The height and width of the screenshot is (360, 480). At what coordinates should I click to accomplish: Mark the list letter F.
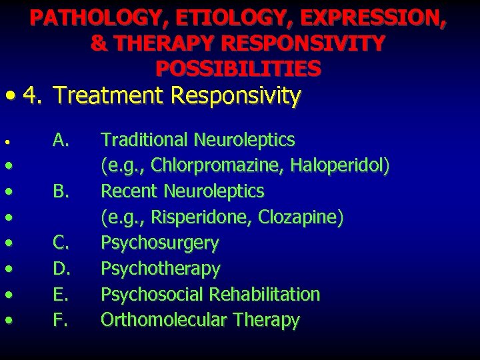[61, 321]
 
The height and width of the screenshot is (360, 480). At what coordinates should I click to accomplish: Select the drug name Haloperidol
[345, 166]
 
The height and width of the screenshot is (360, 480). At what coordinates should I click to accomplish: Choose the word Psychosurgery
[159, 243]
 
